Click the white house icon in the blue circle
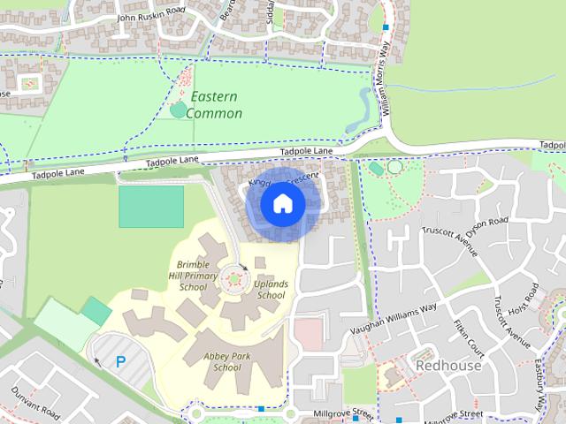click(283, 204)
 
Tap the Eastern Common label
click(215, 105)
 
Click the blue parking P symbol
click(120, 360)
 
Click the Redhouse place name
click(448, 365)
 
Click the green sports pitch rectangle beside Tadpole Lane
click(151, 206)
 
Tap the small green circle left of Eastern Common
click(179, 110)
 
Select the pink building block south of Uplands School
click(308, 334)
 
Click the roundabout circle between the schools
click(234, 280)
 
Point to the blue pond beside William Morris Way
click(363, 108)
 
